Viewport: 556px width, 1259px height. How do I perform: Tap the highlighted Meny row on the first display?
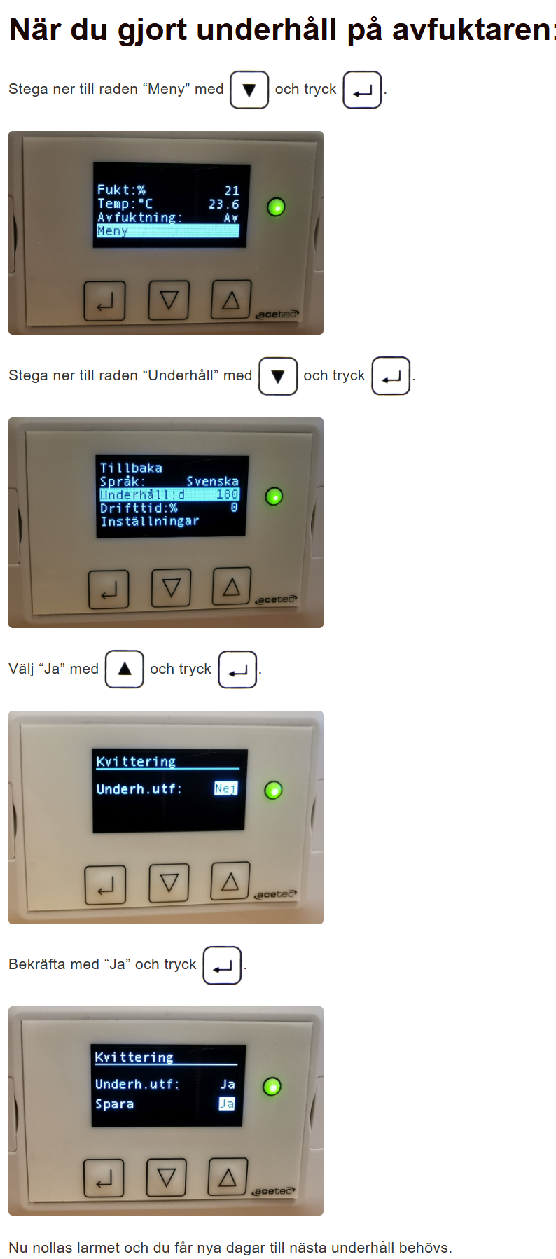click(x=168, y=231)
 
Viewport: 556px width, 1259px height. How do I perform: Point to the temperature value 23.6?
click(x=224, y=204)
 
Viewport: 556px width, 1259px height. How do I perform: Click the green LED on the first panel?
click(x=276, y=207)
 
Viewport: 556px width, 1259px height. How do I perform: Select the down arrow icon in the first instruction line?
click(x=249, y=90)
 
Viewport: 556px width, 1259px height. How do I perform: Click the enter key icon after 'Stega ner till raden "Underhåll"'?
click(x=391, y=376)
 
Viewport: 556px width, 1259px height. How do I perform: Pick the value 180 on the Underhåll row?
click(x=228, y=494)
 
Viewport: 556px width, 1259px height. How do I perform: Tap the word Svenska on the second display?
click(x=212, y=481)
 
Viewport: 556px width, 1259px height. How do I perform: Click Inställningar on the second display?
click(x=150, y=521)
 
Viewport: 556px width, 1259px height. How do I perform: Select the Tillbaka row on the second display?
click(x=131, y=468)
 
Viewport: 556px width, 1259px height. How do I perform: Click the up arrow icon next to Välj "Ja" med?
click(x=125, y=669)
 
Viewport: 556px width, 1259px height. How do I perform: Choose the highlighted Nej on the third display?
click(x=225, y=788)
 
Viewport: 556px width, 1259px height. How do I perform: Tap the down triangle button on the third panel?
click(x=169, y=883)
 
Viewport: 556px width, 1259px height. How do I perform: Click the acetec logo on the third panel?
click(x=276, y=894)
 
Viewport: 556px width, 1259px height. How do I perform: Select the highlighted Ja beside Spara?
click(x=227, y=1104)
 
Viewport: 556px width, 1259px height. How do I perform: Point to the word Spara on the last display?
click(x=114, y=1104)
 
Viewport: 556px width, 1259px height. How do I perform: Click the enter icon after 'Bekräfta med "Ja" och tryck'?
click(x=222, y=966)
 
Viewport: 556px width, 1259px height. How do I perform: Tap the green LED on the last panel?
click(x=272, y=1086)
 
